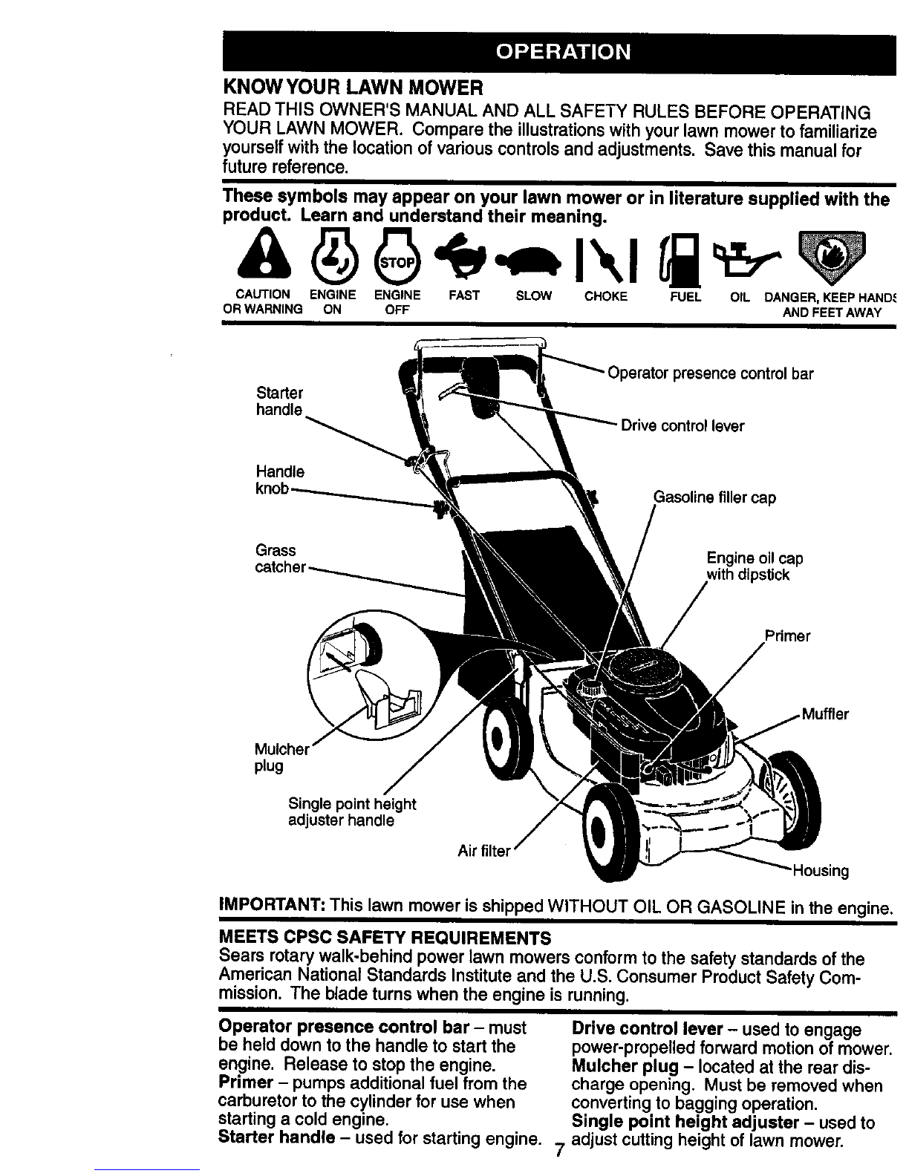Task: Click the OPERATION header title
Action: (x=563, y=52)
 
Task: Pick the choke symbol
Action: (x=605, y=261)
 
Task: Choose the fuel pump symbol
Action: (x=680, y=258)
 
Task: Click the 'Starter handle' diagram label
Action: (x=279, y=401)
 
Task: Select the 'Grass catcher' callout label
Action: (x=280, y=558)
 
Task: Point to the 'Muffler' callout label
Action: (x=825, y=713)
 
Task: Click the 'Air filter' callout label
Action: (x=483, y=852)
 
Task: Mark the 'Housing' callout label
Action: (x=820, y=871)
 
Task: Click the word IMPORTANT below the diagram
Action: (x=272, y=904)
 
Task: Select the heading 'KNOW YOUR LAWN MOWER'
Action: (x=353, y=87)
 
